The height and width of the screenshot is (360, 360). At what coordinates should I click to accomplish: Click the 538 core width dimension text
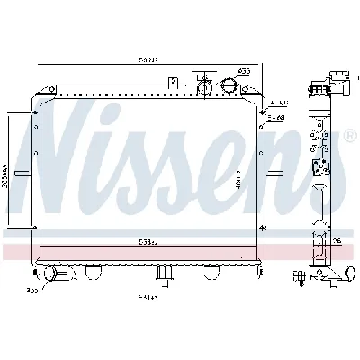point(148,242)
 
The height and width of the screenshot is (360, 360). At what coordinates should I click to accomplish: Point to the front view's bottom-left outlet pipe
point(54,272)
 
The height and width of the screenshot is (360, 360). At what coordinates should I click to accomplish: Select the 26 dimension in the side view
point(335,241)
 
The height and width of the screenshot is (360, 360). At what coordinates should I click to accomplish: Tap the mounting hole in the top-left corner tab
point(35,112)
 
